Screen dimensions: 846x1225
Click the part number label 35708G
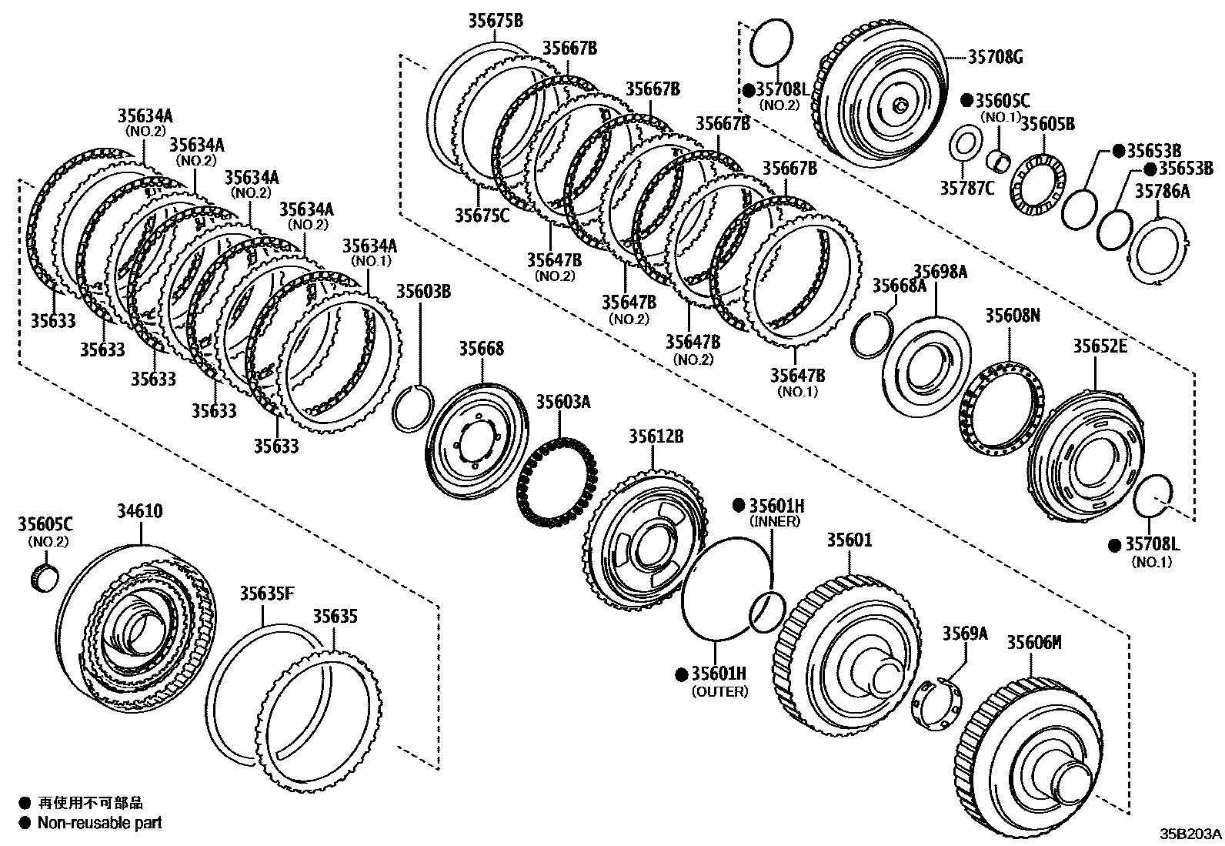(995, 56)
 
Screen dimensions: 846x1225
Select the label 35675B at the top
(496, 21)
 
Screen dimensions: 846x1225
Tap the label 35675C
(482, 216)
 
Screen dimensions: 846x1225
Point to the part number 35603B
(423, 292)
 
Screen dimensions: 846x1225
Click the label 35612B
(656, 437)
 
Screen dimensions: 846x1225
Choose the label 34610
(139, 511)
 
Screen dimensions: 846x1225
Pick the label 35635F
(266, 594)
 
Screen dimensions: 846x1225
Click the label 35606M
(1034, 642)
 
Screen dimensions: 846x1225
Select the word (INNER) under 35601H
(775, 521)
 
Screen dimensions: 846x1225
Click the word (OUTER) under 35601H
(719, 691)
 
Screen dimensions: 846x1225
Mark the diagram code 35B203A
(1191, 834)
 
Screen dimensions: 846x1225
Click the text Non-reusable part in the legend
(100, 823)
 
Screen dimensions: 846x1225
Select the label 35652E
(1100, 347)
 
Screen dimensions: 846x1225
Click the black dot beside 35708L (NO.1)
(1113, 545)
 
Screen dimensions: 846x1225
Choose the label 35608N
(1013, 316)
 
